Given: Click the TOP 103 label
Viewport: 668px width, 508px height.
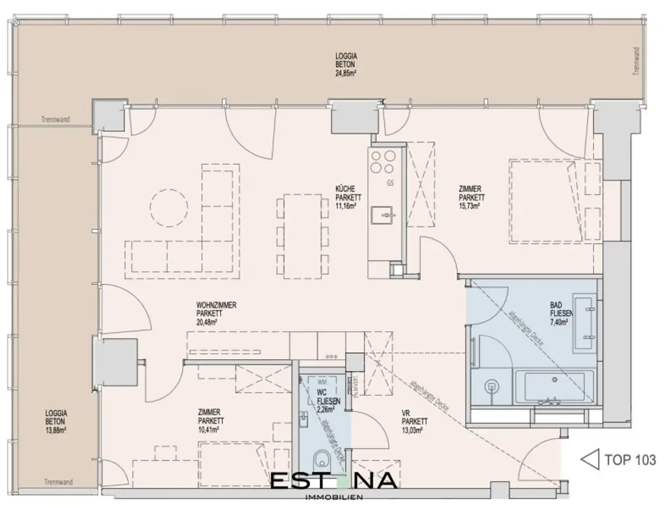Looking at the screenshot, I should click(630, 460).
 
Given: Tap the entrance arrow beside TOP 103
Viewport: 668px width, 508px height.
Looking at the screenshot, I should click(590, 460).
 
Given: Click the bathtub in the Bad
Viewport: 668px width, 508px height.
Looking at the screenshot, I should click(554, 388).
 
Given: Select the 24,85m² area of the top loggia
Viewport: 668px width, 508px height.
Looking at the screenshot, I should click(346, 73).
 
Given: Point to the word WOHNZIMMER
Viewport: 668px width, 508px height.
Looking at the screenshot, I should click(216, 305).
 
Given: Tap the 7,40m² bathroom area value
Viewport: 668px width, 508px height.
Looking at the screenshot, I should click(560, 321).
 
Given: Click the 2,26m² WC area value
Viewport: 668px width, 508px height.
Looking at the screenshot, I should click(325, 410).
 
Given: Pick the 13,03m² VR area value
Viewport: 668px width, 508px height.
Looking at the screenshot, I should click(414, 430).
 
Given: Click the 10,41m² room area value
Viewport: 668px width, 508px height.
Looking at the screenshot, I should click(209, 429).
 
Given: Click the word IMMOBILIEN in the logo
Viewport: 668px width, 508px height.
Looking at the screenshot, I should click(333, 498).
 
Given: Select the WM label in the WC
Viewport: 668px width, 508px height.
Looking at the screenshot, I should click(321, 380).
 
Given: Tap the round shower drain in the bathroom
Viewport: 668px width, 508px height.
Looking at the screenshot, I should click(493, 386).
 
